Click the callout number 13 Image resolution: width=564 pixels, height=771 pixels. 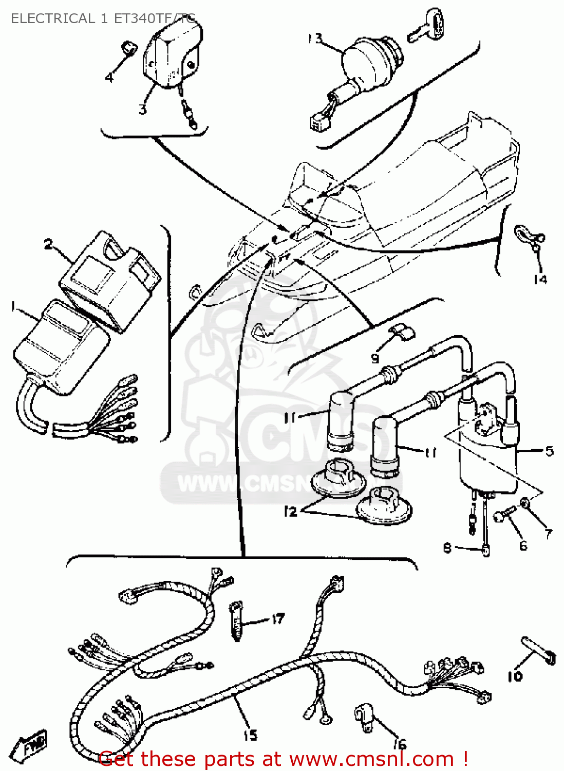coord(315,39)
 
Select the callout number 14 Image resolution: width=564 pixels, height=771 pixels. coord(540,279)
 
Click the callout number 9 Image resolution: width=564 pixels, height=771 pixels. coord(375,358)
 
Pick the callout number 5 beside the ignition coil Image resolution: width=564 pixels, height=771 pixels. coord(549,451)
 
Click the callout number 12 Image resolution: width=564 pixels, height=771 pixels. coord(290,511)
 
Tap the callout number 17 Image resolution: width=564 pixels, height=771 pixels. coord(278,618)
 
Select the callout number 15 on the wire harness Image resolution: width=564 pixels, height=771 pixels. coord(250,736)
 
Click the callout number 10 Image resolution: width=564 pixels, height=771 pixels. coord(515,676)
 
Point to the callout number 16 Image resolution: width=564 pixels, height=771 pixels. coord(400,743)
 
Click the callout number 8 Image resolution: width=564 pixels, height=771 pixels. coord(447,548)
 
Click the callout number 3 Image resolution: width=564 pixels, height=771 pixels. coord(142,109)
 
